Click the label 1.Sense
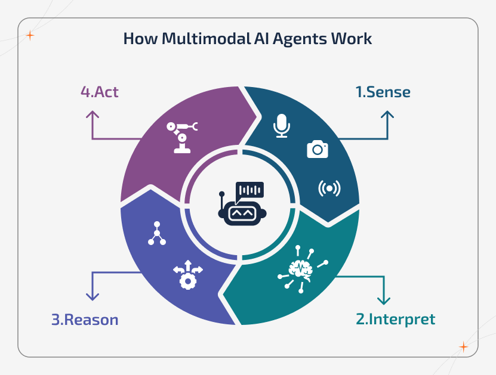[x=383, y=92]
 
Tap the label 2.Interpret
[x=395, y=319]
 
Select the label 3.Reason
[x=85, y=320]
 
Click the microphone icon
[x=282, y=126]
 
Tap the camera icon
[x=318, y=149]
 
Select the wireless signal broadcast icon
[x=329, y=188]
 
